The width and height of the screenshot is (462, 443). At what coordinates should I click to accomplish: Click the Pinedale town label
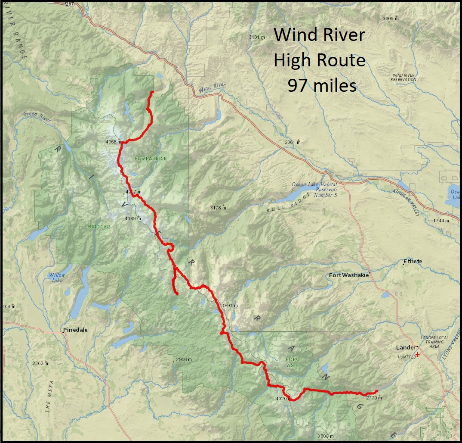click(x=75, y=330)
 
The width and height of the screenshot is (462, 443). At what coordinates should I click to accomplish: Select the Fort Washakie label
click(x=348, y=275)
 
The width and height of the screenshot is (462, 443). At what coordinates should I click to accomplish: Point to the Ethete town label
click(x=413, y=262)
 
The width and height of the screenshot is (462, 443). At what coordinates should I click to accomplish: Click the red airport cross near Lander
click(x=417, y=354)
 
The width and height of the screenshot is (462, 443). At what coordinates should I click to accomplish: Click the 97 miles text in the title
click(x=322, y=86)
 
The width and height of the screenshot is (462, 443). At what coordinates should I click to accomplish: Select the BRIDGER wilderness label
click(x=99, y=227)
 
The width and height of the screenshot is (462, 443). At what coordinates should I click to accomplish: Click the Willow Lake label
click(x=56, y=278)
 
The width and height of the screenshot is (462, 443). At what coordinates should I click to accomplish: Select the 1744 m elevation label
click(x=441, y=220)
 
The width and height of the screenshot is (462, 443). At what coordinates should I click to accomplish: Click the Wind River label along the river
click(x=212, y=87)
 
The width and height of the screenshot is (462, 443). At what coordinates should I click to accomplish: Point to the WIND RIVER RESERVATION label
click(x=403, y=77)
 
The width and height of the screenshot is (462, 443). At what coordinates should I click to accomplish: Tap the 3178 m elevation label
click(x=218, y=208)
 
